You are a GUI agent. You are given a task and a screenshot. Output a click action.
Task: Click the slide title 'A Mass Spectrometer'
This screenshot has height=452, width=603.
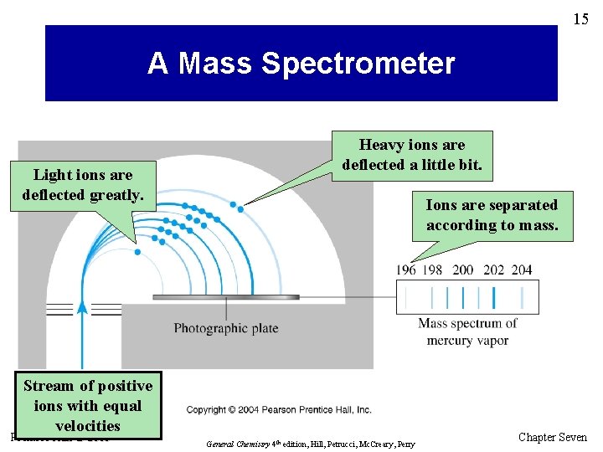[x=301, y=64]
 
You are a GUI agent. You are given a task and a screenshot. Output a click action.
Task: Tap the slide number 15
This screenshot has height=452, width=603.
[x=580, y=18]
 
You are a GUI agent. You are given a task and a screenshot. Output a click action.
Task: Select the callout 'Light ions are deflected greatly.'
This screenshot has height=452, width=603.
[x=83, y=185]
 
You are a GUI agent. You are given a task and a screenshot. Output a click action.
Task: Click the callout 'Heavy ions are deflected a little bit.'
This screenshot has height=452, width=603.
[x=412, y=155]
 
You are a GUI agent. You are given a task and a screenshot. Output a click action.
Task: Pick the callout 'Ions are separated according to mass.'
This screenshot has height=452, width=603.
[x=492, y=215]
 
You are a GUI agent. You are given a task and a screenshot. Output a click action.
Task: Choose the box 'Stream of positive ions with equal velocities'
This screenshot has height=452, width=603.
[x=88, y=406]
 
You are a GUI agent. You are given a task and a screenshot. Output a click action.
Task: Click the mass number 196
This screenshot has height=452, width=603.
[x=406, y=270]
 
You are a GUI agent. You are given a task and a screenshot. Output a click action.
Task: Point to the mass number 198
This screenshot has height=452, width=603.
[x=433, y=270]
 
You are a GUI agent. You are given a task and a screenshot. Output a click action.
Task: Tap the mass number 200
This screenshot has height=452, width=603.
[x=462, y=270]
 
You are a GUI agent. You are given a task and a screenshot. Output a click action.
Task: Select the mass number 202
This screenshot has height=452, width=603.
[x=493, y=270]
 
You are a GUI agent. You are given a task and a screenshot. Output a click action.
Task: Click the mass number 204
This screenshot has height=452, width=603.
[x=521, y=270]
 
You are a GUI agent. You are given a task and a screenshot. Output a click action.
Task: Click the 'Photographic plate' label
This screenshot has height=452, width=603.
[x=225, y=328]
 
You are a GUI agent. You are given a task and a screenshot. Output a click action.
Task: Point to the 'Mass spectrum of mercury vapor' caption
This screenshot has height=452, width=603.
[x=467, y=331]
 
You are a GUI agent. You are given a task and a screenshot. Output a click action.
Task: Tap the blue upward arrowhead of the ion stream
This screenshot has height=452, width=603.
[x=82, y=306]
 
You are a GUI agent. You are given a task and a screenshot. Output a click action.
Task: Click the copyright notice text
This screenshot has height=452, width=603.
[x=279, y=410]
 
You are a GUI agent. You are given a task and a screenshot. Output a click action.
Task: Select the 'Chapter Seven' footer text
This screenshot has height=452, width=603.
[x=553, y=437]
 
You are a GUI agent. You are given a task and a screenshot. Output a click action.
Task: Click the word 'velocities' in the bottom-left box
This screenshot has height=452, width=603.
[x=88, y=426]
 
